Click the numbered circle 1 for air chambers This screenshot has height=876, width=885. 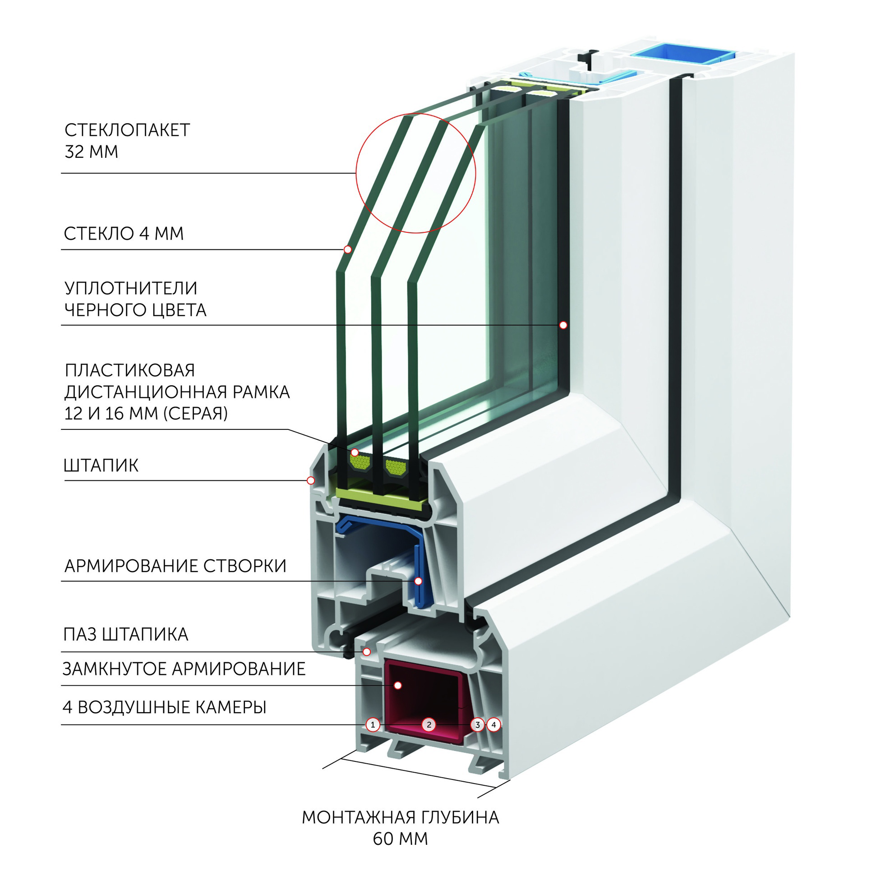373,724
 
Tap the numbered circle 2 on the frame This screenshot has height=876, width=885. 429,724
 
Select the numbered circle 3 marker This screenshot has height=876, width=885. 477,724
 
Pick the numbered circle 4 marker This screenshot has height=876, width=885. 493,724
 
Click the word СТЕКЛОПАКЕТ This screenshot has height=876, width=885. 127,130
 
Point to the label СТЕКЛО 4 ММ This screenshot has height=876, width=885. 124,234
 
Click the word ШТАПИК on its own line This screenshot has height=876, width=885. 101,466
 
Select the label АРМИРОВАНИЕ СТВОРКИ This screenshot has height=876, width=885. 175,566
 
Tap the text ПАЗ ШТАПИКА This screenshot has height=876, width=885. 126,635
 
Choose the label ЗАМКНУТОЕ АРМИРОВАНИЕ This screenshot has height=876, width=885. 184,669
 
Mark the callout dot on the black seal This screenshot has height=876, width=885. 563,325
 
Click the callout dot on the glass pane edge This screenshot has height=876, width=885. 348,249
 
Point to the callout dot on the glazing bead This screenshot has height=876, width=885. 311,480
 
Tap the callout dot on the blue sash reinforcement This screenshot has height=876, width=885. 418,581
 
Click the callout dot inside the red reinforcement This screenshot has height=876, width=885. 397,685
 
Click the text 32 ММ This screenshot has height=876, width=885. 92,152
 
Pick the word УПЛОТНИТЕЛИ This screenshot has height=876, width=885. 131,288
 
